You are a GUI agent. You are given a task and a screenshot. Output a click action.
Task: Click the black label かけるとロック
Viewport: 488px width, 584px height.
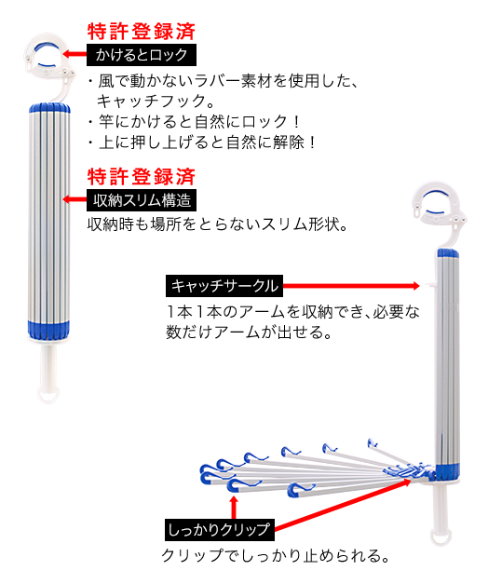(x=142, y=55)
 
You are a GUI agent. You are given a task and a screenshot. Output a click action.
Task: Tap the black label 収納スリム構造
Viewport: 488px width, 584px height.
(x=142, y=200)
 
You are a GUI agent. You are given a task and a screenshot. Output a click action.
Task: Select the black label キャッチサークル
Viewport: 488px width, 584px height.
(x=224, y=286)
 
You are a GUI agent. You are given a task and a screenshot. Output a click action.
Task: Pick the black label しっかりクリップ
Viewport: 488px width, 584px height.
(x=220, y=530)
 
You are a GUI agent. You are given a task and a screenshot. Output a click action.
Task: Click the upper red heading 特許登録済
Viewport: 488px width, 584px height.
(x=142, y=32)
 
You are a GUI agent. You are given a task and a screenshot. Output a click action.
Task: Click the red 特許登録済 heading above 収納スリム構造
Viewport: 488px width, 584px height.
(x=142, y=177)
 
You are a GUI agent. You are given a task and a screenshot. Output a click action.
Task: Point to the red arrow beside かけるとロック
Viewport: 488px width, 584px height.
(x=75, y=54)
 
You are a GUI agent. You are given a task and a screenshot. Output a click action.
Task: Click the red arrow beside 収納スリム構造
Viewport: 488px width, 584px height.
(x=75, y=199)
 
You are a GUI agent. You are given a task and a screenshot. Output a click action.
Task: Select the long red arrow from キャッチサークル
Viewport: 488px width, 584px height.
(x=351, y=286)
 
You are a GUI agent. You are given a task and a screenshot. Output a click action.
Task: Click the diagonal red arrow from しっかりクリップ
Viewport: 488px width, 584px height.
(x=343, y=505)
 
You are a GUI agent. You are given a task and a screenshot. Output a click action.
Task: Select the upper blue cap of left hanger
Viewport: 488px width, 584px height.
(x=49, y=108)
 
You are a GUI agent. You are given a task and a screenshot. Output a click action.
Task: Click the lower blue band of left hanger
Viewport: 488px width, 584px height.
(x=48, y=329)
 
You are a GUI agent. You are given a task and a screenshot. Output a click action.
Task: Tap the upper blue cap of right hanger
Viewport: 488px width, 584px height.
(x=448, y=253)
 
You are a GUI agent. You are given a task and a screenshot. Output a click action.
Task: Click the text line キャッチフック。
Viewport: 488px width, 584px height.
(x=152, y=101)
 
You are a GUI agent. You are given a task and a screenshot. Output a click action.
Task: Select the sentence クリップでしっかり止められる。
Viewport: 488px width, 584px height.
(x=276, y=555)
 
